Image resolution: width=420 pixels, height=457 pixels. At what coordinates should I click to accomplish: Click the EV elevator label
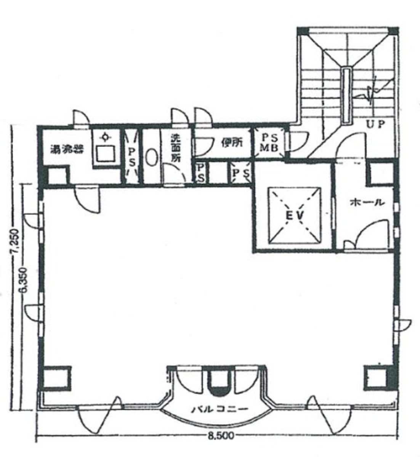pyautogui.click(x=295, y=215)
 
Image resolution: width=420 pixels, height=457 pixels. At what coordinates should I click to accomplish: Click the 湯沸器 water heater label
pyautogui.click(x=67, y=149)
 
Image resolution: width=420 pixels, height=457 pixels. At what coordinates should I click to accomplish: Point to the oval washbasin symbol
pyautogui.click(x=151, y=157)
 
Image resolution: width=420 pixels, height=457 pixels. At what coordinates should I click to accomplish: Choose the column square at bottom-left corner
pyautogui.click(x=57, y=378)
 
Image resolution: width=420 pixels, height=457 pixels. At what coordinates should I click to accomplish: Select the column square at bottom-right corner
pyautogui.click(x=377, y=377)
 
